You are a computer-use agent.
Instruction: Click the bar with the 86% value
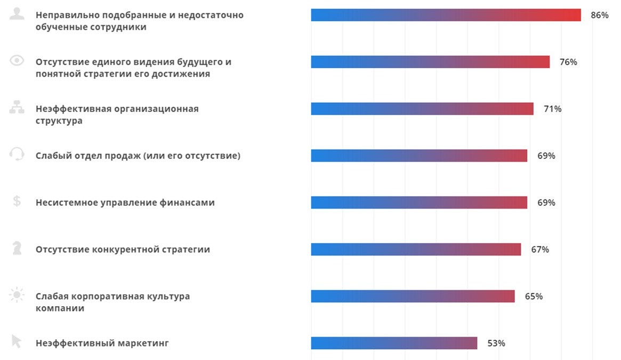[446, 15]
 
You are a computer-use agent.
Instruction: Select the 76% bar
[430, 62]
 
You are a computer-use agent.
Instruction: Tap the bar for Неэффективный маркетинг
[394, 343]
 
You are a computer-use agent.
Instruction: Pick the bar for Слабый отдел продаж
[419, 156]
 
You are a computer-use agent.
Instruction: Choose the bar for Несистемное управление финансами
[419, 203]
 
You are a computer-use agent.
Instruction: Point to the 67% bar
[416, 249]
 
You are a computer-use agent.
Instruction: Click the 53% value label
[496, 343]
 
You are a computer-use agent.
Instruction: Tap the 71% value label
[552, 109]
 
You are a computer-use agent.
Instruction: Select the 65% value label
[534, 296]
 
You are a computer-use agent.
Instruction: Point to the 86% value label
[599, 15]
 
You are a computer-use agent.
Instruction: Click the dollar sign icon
[17, 201]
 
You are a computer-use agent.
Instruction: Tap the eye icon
[17, 61]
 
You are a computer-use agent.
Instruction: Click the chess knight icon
[17, 248]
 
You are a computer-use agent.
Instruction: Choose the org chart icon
[17, 108]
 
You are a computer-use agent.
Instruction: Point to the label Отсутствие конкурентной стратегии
[123, 249]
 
